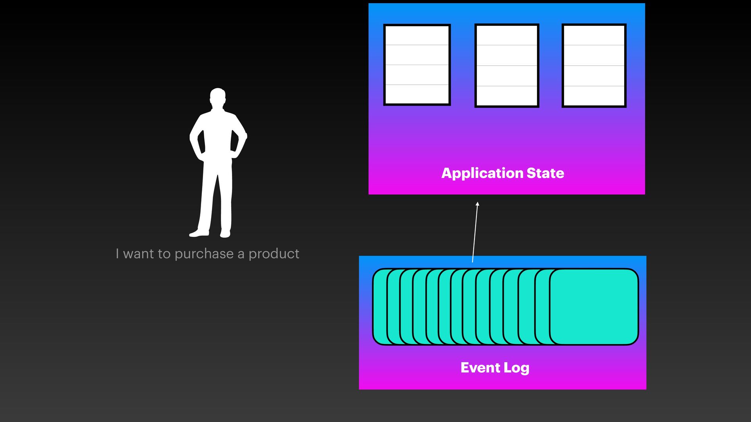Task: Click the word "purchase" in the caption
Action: [x=204, y=254]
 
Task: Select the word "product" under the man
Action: [x=274, y=254]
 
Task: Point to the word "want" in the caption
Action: [x=138, y=254]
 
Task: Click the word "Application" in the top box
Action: [x=482, y=173]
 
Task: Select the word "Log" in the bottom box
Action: [x=516, y=368]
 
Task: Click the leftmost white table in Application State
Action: [x=417, y=65]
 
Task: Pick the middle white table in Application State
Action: [x=507, y=66]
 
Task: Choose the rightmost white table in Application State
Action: [x=594, y=66]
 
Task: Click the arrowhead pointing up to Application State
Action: [x=477, y=204]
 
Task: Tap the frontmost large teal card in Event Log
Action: [x=594, y=306]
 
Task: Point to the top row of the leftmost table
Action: [x=417, y=36]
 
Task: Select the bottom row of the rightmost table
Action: [x=594, y=95]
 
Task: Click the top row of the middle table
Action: [x=507, y=36]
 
